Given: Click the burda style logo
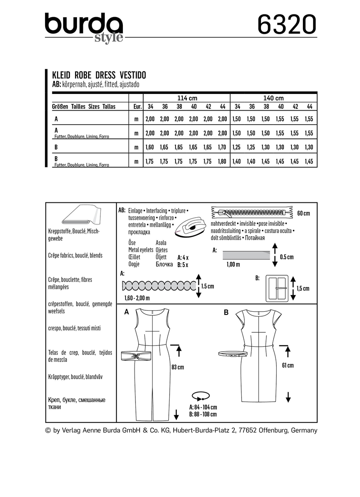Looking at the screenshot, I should click(84, 27).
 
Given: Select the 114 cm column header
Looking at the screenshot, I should click(186, 98).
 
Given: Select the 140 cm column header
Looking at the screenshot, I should click(274, 98).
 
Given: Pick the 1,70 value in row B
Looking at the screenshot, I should click(221, 147).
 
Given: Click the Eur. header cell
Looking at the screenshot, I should click(136, 107).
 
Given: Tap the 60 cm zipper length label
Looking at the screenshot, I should click(303, 213).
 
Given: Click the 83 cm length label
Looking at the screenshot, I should click(178, 367).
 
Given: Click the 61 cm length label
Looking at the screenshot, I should click(288, 365).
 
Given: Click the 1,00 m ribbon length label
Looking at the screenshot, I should click(232, 264).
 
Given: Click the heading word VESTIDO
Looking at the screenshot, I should click(130, 75).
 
